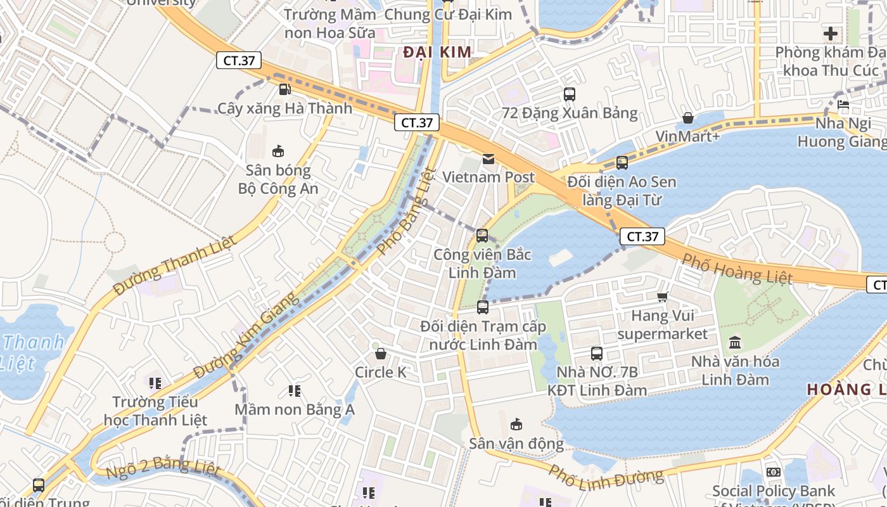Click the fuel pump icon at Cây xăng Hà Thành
tap(285, 89)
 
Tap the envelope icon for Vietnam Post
tap(488, 158)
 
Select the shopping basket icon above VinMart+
tap(687, 118)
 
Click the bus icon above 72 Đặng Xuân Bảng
tap(570, 94)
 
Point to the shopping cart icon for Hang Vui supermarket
tap(663, 297)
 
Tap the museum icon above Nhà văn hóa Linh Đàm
tap(735, 343)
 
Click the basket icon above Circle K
tap(381, 354)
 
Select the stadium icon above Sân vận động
tap(516, 424)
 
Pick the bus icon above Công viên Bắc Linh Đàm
tap(482, 236)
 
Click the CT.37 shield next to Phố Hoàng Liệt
tap(642, 236)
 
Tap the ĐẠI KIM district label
tap(438, 52)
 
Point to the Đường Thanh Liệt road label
tap(174, 265)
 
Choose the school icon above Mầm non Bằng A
tap(295, 390)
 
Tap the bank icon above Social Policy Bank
tap(773, 472)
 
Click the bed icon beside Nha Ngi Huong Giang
tap(843, 105)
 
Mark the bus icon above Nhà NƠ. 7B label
tap(597, 354)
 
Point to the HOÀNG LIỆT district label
tap(846, 389)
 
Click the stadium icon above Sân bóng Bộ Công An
tap(278, 151)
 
